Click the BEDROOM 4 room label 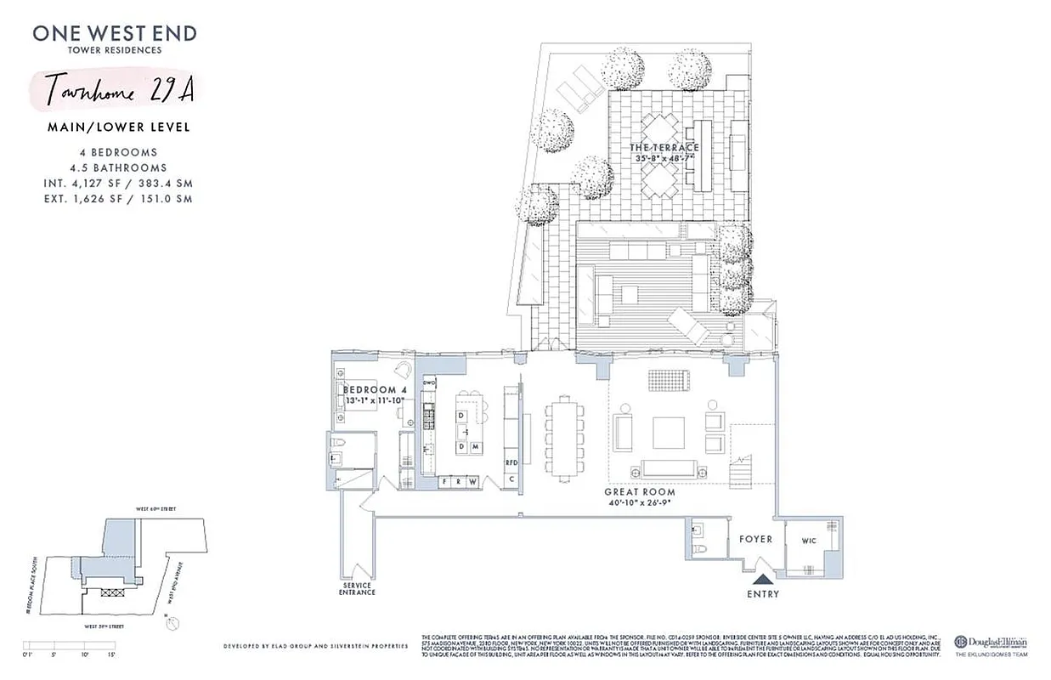tap(375, 390)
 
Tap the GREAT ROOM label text tap(640, 492)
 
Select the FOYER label tap(754, 539)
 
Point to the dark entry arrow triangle tap(761, 581)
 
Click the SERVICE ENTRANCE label tap(357, 587)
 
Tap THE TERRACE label tap(664, 148)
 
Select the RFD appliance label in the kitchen tap(511, 462)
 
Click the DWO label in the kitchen tap(429, 383)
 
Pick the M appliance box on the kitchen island tap(476, 446)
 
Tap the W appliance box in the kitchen tap(472, 482)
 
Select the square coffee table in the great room tap(668, 433)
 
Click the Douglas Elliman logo tap(990, 643)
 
